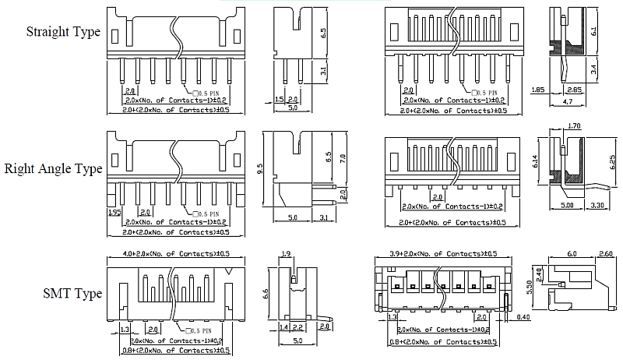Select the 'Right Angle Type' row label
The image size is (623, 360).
[54, 168]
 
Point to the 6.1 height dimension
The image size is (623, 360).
[595, 32]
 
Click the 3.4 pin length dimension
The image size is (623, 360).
[595, 69]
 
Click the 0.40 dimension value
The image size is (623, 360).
[523, 317]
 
